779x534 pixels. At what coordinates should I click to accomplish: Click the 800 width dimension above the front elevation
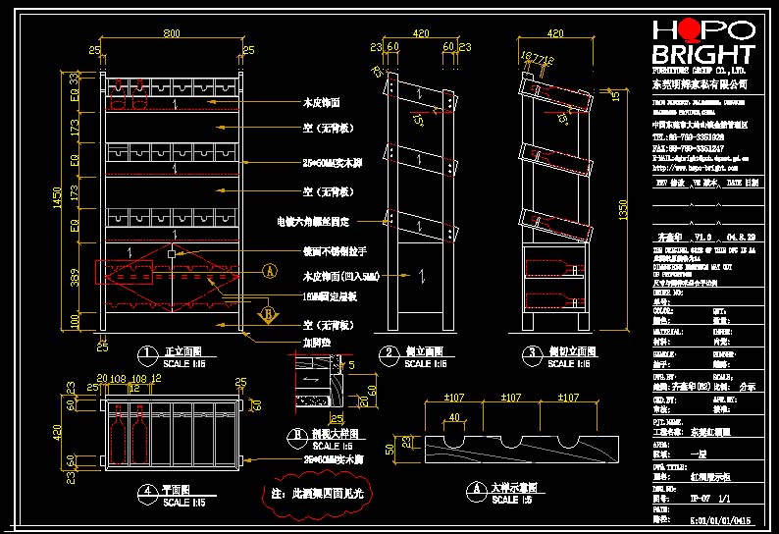172,35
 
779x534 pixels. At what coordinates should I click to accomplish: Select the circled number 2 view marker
389,352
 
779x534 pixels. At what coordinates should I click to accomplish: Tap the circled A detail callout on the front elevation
268,274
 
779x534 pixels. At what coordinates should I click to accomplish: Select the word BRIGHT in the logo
703,54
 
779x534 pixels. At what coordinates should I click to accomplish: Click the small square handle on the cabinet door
172,253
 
